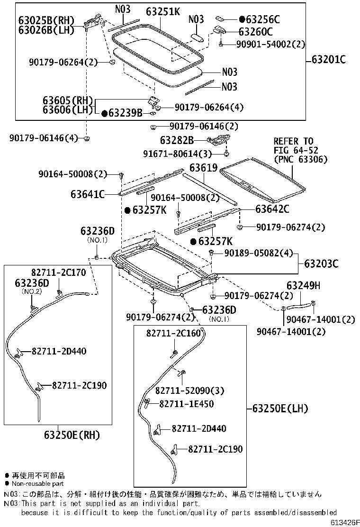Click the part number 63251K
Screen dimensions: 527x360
click(162, 11)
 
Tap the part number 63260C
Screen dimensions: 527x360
click(255, 32)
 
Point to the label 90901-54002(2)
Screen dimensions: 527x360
click(270, 44)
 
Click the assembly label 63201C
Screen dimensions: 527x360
click(329, 60)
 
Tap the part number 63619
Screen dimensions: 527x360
click(203, 168)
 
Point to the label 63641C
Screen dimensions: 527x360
click(88, 194)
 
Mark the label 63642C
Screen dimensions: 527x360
click(272, 209)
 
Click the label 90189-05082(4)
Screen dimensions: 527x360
click(259, 253)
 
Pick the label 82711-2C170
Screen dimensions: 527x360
click(59, 273)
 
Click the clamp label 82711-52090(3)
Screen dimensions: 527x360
click(189, 391)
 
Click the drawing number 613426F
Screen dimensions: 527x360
click(345, 522)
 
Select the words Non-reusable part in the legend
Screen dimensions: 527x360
click(38, 484)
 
